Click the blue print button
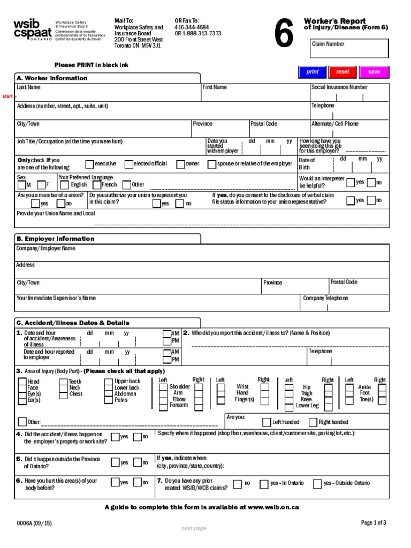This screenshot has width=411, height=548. pyautogui.click(x=312, y=72)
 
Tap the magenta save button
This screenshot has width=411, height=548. pyautogui.click(x=374, y=72)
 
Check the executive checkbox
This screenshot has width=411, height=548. pyautogui.click(x=90, y=164)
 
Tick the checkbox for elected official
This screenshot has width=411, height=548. pyautogui.click(x=128, y=164)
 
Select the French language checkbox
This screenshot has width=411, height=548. pyautogui.click(x=97, y=185)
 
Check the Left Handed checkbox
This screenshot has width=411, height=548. pyautogui.click(x=267, y=422)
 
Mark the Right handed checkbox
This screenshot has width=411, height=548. pyautogui.click(x=313, y=422)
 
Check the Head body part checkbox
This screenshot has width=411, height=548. pyautogui.click(x=22, y=382)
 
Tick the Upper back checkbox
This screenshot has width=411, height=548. pyautogui.click(x=109, y=382)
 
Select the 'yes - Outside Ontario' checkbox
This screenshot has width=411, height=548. pyautogui.click(x=317, y=484)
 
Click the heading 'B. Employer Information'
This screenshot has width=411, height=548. pyautogui.click(x=56, y=239)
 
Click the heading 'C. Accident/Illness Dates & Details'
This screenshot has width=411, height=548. pyautogui.click(x=73, y=323)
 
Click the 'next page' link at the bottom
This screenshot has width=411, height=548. pyautogui.click(x=193, y=529)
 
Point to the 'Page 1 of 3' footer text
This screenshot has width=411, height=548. pyautogui.click(x=373, y=523)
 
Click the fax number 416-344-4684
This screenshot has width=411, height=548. pyautogui.click(x=192, y=27)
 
